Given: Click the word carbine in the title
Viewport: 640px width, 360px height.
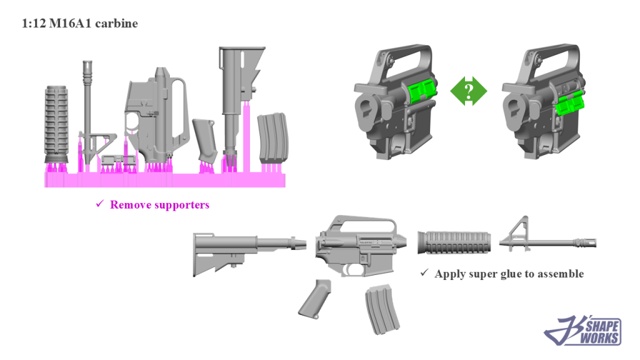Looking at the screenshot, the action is coord(116,24).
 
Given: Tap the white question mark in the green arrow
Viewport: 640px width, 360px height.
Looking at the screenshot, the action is coord(469,91).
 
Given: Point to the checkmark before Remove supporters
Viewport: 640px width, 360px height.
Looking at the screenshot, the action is coord(99,203).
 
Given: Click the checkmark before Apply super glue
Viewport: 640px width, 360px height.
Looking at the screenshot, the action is coord(424,272).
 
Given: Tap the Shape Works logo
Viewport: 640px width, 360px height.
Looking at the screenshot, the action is coord(583,330).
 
